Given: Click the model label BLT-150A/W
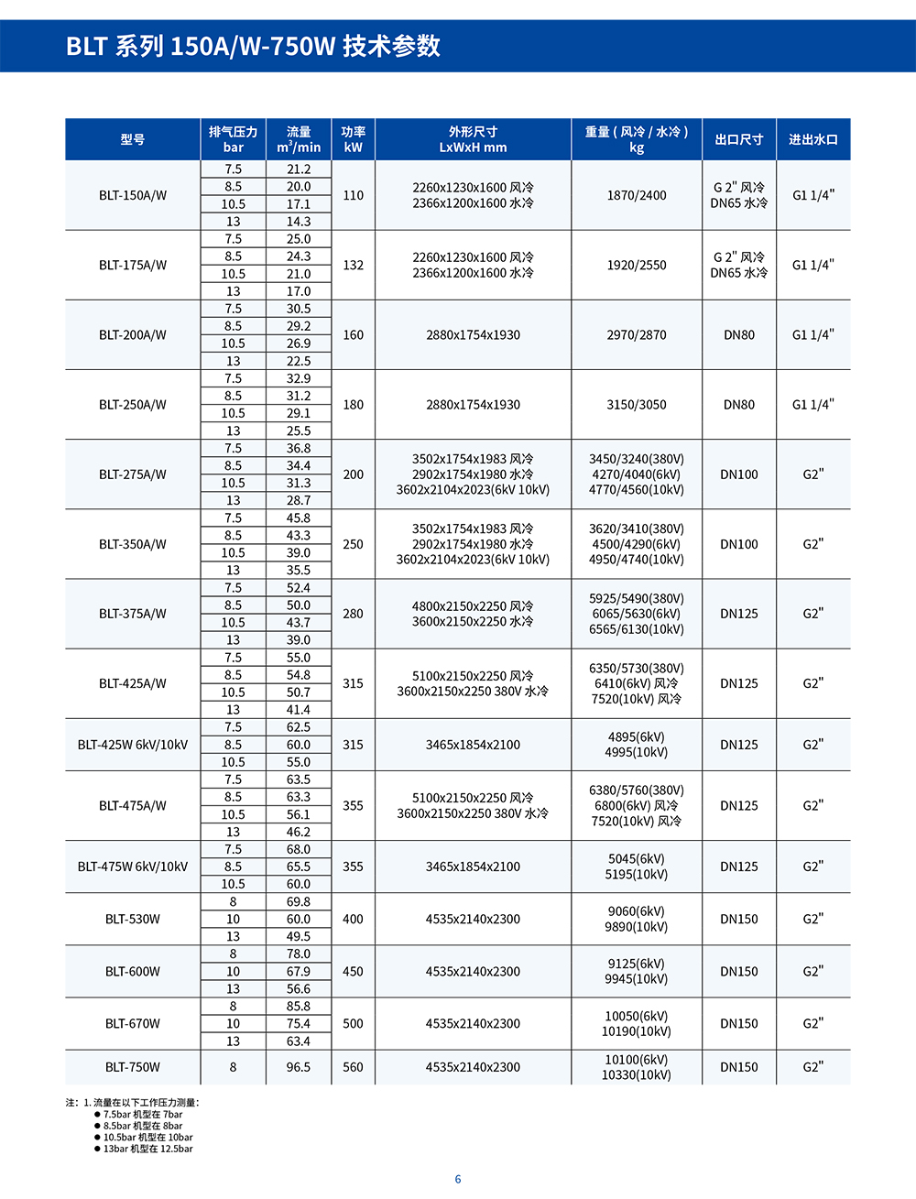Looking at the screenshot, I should coord(133,195).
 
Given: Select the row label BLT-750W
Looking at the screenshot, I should coord(133,1067).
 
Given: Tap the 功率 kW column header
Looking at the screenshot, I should coord(353,139).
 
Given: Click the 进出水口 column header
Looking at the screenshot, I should coord(812,139).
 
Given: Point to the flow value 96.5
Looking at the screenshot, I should coord(298,1067).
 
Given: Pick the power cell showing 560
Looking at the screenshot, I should coord(353,1067).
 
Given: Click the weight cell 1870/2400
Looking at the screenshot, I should coord(637,195).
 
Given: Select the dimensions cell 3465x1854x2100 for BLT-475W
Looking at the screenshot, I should coord(473,867).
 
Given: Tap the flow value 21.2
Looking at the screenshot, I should coord(299,169).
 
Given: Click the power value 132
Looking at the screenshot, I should coord(353,265).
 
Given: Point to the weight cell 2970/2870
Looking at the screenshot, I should coord(637,335).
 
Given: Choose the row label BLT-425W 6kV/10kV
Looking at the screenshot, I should coord(133,745).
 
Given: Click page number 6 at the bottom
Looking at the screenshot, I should coord(458,1179).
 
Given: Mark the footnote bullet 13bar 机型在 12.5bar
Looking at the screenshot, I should coord(147,1149).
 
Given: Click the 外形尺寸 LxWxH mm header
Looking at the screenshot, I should coord(473,139).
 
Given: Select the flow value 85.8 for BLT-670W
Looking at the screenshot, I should coord(298,1007).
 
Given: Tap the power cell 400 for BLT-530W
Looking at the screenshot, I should coord(353,919).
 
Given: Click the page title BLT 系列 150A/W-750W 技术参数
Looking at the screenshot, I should coord(253,46).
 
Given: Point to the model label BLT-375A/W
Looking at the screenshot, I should coord(133,614).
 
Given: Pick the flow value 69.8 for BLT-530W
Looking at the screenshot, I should coord(298,902).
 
